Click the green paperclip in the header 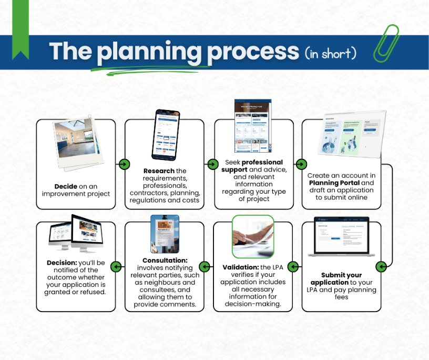pos(386,43)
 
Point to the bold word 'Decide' pos(66,186)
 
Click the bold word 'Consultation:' pos(165,260)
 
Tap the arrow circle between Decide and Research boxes pos(124,164)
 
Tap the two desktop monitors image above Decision pos(76,233)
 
